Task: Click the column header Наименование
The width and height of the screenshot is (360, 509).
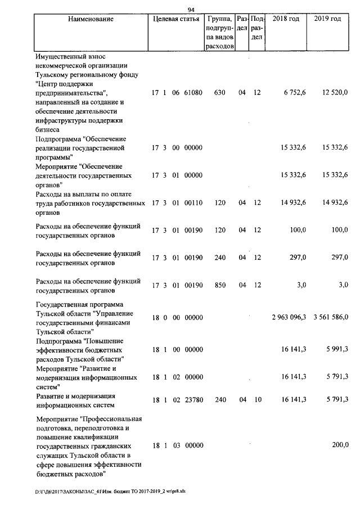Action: (91, 19)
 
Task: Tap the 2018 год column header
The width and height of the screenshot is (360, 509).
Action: (285, 19)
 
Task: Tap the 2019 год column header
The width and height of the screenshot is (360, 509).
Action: (327, 19)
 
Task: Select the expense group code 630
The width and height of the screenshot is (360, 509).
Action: (220, 93)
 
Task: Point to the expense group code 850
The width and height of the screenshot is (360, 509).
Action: (220, 285)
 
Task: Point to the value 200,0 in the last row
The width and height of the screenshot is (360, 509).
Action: (340, 445)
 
